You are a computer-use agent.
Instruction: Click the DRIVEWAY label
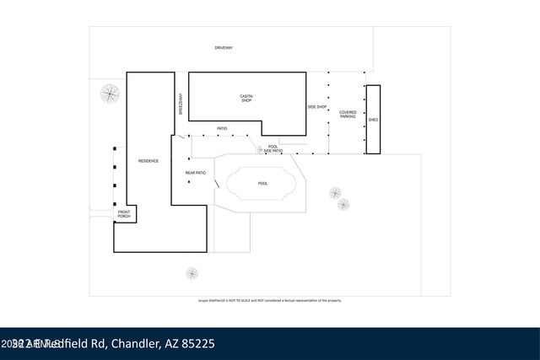(224, 48)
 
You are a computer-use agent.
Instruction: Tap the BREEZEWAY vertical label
(181, 104)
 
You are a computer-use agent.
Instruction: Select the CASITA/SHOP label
(246, 99)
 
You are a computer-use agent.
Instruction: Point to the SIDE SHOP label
(316, 107)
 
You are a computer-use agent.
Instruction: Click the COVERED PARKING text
(348, 114)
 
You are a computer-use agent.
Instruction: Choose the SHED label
(373, 120)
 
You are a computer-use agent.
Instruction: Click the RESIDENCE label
(148, 160)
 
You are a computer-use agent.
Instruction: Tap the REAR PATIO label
(195, 173)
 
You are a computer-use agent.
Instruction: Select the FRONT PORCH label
(124, 214)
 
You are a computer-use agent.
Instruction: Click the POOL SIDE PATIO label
(273, 148)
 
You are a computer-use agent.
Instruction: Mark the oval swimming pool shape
(262, 183)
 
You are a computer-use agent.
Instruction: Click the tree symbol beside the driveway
(109, 94)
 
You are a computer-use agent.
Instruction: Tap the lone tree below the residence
(192, 273)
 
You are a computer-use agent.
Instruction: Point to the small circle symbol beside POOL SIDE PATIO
(260, 150)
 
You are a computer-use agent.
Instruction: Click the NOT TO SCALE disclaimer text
(270, 300)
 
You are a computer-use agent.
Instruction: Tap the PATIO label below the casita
(222, 129)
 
